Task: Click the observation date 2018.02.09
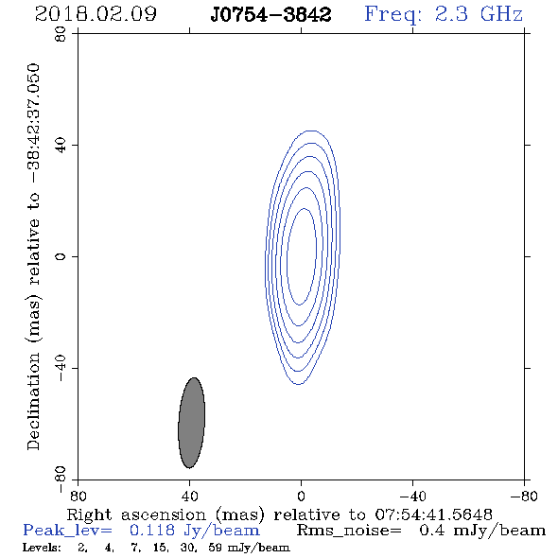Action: pos(96,14)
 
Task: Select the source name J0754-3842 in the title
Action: pos(270,15)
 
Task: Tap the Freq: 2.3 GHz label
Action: pos(444,15)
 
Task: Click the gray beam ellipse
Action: pos(191,423)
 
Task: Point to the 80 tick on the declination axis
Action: pos(61,34)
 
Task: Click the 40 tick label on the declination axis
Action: pos(61,146)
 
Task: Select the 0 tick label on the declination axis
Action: pos(61,256)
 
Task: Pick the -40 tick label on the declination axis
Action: pos(61,368)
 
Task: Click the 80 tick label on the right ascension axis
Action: pos(78,497)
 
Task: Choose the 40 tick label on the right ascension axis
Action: pos(190,497)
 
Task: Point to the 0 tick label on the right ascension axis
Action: pos(301,497)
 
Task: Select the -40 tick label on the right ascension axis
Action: pos(412,497)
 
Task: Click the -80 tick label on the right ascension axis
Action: pos(524,497)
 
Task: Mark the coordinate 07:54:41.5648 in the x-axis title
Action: pos(434,514)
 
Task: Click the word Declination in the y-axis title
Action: pos(33,401)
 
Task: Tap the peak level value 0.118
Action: pos(152,531)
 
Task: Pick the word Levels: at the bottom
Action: pos(42,548)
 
